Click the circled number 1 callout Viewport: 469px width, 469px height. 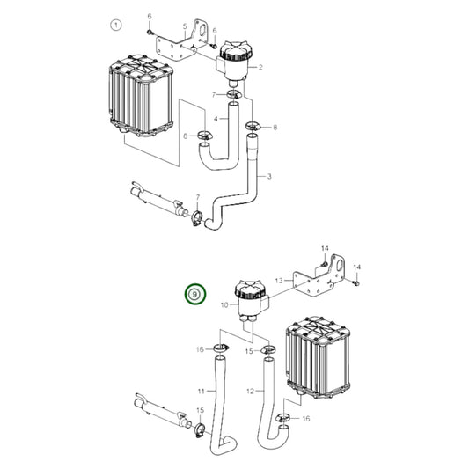pos(114,25)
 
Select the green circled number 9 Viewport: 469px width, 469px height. pos(193,295)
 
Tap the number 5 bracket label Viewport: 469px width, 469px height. pos(183,26)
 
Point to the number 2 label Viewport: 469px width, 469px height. pos(261,67)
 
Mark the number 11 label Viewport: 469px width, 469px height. pos(202,390)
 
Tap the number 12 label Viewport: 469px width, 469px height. pos(250,390)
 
